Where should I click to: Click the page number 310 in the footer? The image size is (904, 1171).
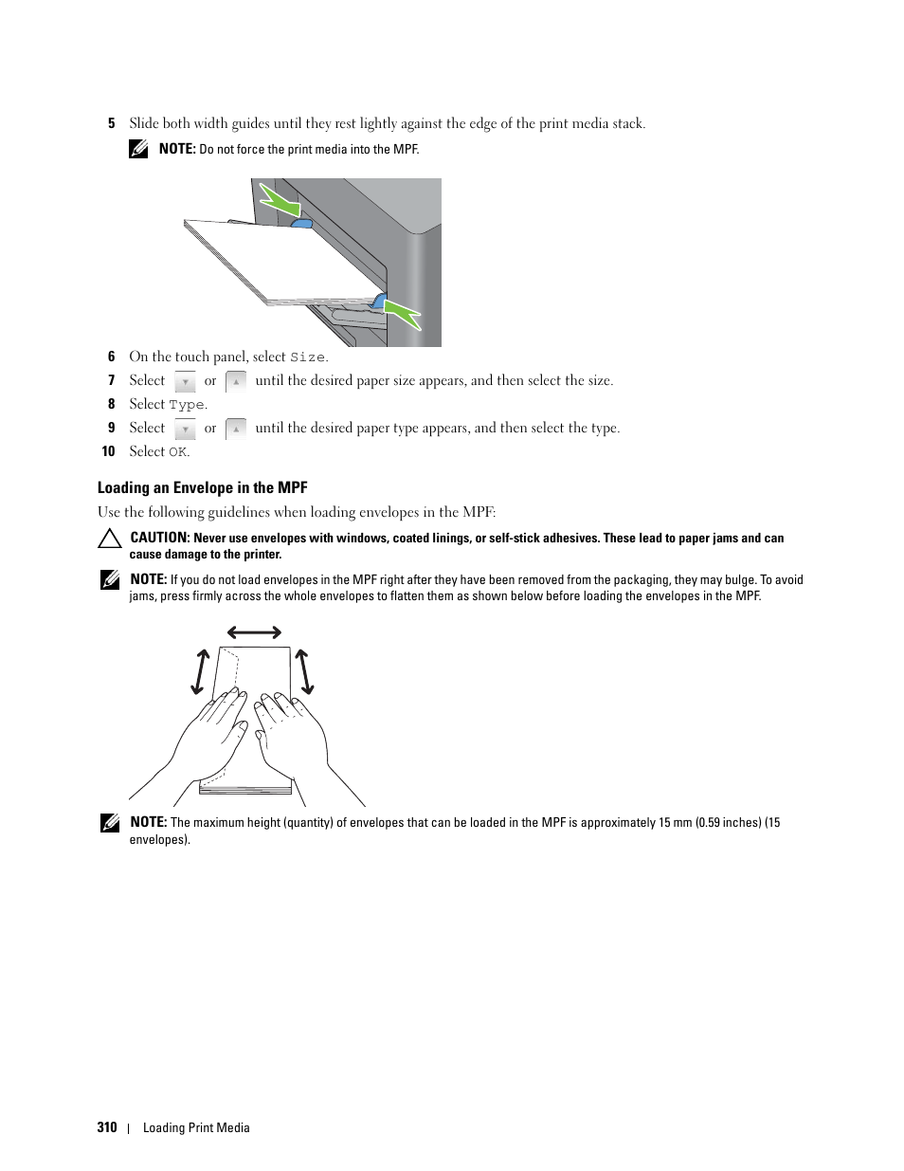pos(107,1127)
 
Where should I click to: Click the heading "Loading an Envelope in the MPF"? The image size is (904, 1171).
pos(203,487)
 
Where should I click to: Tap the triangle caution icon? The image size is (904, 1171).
pos(110,539)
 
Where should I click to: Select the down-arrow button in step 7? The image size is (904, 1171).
pos(186,381)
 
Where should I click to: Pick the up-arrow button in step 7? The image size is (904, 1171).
pos(236,381)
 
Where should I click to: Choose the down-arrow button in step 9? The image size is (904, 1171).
pos(186,429)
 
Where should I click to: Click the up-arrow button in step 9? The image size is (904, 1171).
pos(236,429)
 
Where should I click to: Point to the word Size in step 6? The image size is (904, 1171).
pos(307,357)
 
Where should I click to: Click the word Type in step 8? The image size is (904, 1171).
pos(187,405)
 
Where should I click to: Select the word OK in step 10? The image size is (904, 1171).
pos(177,452)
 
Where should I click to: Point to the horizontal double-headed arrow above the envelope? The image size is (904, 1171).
pos(254,632)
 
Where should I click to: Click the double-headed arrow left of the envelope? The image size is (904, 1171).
pos(200,671)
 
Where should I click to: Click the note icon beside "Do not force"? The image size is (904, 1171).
pos(139,149)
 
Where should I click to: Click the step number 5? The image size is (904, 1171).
pos(111,123)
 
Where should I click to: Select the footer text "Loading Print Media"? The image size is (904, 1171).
pos(196,1127)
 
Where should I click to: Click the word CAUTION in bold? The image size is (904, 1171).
pos(160,538)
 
